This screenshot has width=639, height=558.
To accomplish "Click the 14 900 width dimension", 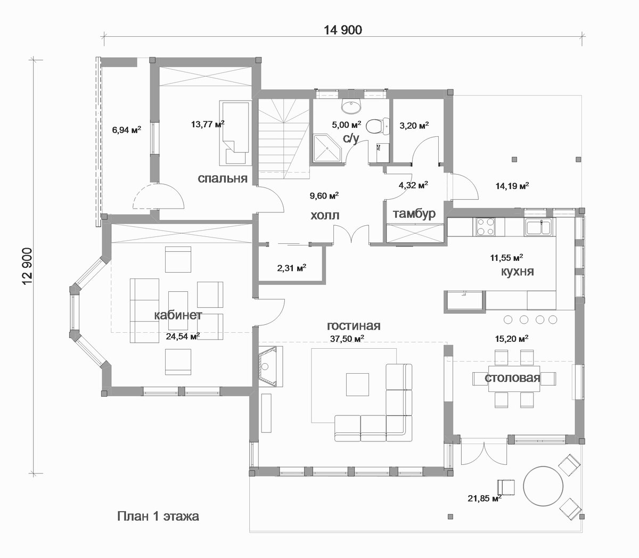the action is pyautogui.click(x=342, y=30).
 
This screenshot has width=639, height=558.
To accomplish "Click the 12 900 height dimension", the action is pyautogui.click(x=28, y=267).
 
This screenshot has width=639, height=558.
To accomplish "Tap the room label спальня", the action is pyautogui.click(x=223, y=178).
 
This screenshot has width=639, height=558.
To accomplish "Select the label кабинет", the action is pyautogui.click(x=178, y=315).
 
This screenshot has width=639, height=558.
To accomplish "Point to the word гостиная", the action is pyautogui.click(x=354, y=326).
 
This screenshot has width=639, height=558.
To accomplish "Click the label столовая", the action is pyautogui.click(x=512, y=378).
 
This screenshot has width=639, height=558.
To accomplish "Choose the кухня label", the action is pyautogui.click(x=517, y=272).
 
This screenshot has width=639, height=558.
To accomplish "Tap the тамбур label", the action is pyautogui.click(x=414, y=214).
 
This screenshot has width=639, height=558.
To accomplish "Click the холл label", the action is pyautogui.click(x=325, y=216).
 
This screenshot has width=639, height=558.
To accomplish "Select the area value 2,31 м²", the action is pyautogui.click(x=291, y=268).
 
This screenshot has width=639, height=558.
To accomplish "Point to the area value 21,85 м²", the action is pyautogui.click(x=485, y=507).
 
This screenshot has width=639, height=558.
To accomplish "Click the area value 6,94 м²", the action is pyautogui.click(x=127, y=129).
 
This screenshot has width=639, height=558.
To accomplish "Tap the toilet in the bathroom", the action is pyautogui.click(x=377, y=127).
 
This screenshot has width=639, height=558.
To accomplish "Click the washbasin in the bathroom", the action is pyautogui.click(x=351, y=106).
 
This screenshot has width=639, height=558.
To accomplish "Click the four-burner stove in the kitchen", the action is pyautogui.click(x=485, y=226).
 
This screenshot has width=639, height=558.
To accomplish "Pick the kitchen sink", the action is pyautogui.click(x=538, y=226).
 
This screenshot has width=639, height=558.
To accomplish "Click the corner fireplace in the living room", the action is pyautogui.click(x=268, y=366).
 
